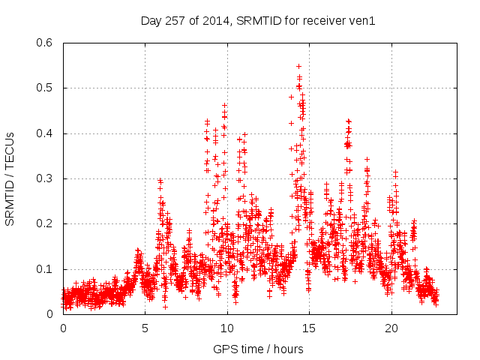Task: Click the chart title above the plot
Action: pyautogui.click(x=258, y=20)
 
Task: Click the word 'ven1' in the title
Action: pyautogui.click(x=361, y=20)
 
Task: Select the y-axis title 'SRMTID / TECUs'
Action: pyautogui.click(x=10, y=178)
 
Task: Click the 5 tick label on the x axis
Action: pyautogui.click(x=145, y=328)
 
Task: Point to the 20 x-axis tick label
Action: pyautogui.click(x=391, y=328)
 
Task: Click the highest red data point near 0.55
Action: pyautogui.click(x=298, y=66)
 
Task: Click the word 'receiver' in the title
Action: pyautogui.click(x=324, y=20)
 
